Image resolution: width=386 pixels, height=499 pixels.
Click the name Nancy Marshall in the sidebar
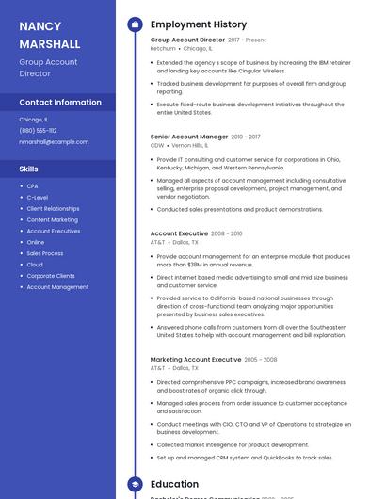point(50,35)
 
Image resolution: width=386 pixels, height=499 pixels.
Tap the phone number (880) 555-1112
point(38,131)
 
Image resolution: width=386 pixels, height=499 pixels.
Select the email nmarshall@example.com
point(54,142)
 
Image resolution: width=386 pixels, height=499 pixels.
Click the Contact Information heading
point(60,102)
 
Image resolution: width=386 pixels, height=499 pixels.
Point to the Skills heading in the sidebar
point(29,169)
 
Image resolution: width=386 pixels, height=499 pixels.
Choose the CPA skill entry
point(32,186)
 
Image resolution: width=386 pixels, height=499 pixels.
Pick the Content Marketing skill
point(52,219)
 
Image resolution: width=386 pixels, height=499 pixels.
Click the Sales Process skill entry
point(45,253)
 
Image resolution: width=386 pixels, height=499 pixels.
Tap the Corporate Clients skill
point(51,276)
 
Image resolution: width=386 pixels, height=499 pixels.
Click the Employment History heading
point(199,24)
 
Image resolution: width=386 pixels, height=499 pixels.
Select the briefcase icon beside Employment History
point(135,24)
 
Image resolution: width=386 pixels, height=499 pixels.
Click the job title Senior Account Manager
point(189,137)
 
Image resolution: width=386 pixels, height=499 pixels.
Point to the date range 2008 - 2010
point(226,233)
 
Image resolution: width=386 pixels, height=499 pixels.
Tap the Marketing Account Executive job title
point(196,359)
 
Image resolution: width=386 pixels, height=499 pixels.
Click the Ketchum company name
point(162,48)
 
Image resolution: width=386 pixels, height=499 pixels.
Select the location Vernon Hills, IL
point(190,146)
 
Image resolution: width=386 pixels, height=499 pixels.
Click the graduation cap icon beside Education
point(135,484)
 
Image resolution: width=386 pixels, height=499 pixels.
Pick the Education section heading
point(174,484)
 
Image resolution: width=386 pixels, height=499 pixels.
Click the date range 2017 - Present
point(248,40)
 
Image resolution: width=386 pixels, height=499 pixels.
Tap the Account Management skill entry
point(57,287)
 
